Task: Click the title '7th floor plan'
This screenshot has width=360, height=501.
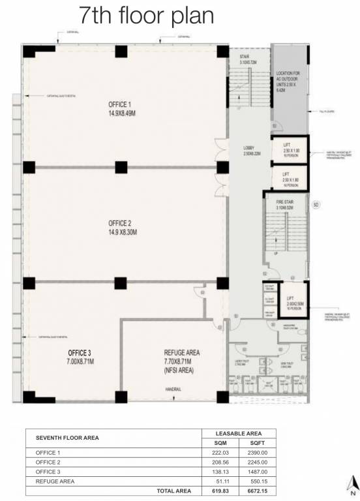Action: pyautogui.click(x=146, y=16)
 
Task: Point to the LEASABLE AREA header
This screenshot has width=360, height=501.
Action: pyautogui.click(x=237, y=433)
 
